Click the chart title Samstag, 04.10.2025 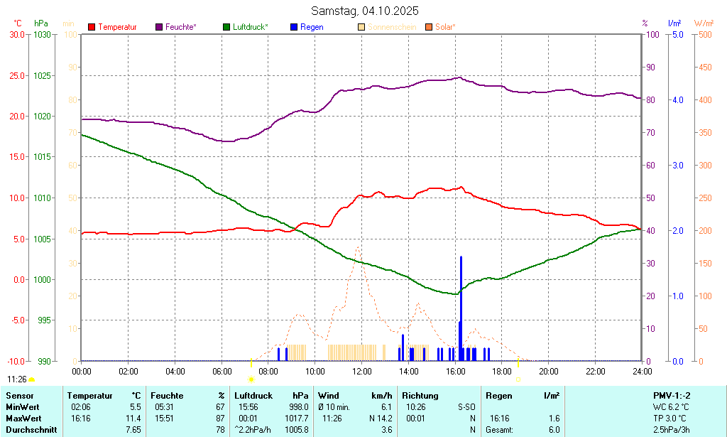click(365, 11)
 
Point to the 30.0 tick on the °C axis click(15, 34)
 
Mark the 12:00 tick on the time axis click(362, 371)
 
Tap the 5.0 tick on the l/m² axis click(677, 34)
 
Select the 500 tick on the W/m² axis click(705, 34)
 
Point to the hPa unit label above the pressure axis click(41, 23)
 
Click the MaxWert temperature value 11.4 click(133, 418)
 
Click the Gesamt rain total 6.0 click(554, 429)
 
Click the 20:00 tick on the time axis click(549, 371)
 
